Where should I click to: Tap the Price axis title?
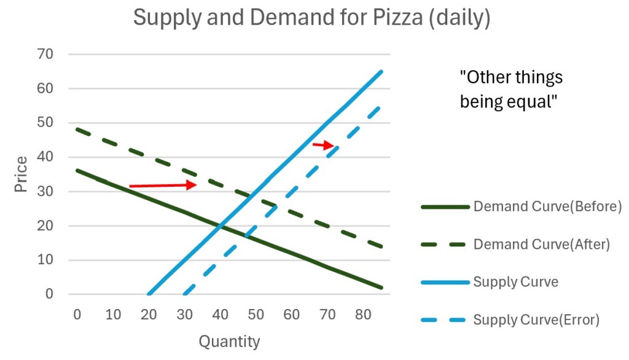point(21,174)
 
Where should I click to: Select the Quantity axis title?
point(229,341)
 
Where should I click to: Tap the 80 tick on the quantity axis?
point(364,315)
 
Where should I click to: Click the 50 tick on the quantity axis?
point(256,315)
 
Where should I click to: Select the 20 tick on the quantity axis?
point(149,315)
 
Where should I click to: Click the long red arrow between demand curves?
point(163,185)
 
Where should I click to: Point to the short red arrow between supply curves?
point(323,145)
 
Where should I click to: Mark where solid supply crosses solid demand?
point(221,226)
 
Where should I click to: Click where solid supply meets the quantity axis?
point(149,294)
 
